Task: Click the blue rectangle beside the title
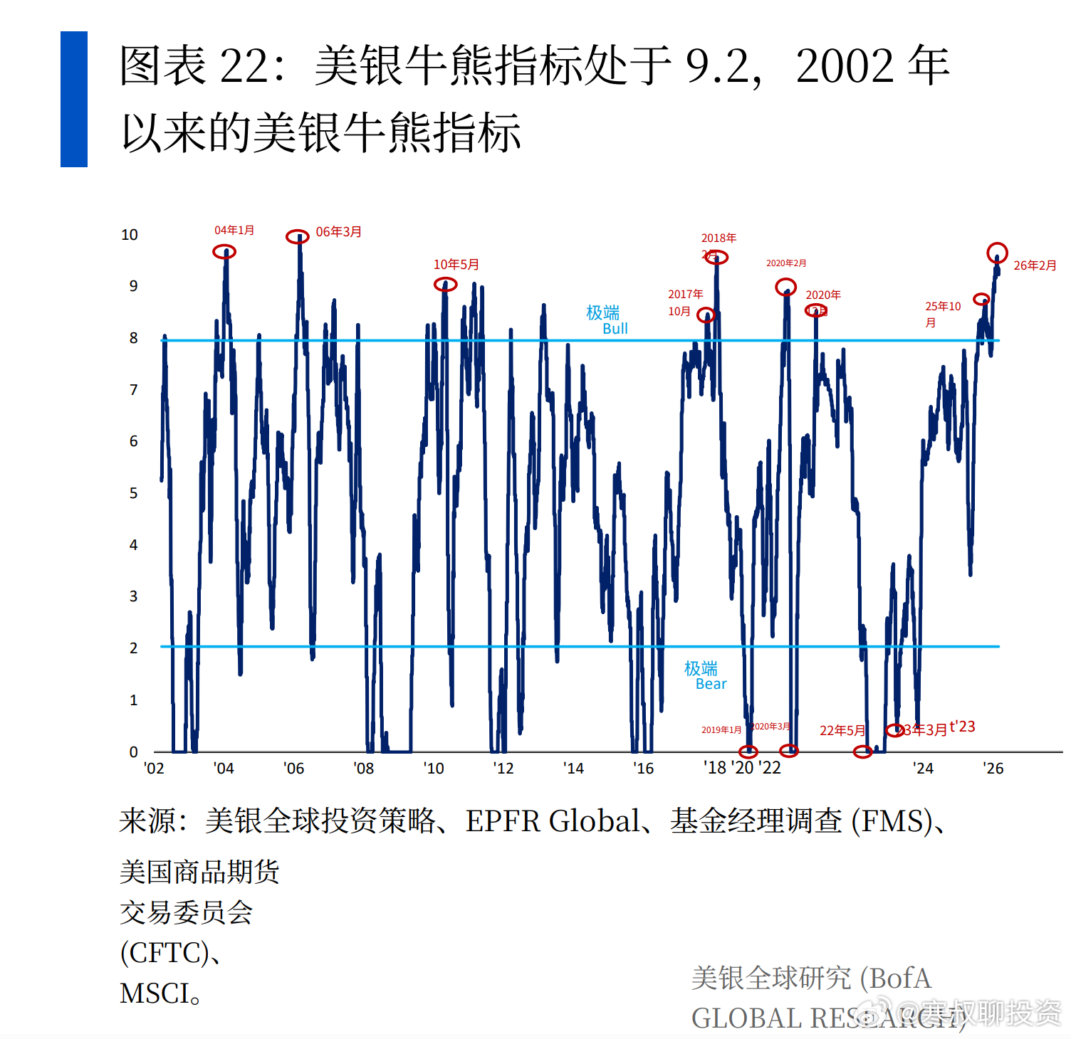tap(74, 99)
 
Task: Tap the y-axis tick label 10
tap(130, 235)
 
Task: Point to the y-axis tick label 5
tap(133, 493)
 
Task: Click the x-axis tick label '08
tap(363, 769)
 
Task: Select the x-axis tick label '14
tap(573, 769)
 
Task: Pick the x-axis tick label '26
tap(993, 769)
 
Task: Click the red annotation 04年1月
tap(234, 231)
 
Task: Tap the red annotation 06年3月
tap(338, 232)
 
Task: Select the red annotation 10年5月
tap(456, 265)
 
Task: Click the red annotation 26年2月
tap(1035, 265)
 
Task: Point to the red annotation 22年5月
tap(842, 731)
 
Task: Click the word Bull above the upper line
tap(615, 329)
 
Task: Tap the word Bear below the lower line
tap(711, 684)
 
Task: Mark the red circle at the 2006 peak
tap(298, 237)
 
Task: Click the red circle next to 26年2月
tap(997, 252)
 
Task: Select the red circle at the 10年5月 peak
tap(445, 285)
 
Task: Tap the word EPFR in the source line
tap(503, 821)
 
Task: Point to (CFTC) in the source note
tap(164, 953)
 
